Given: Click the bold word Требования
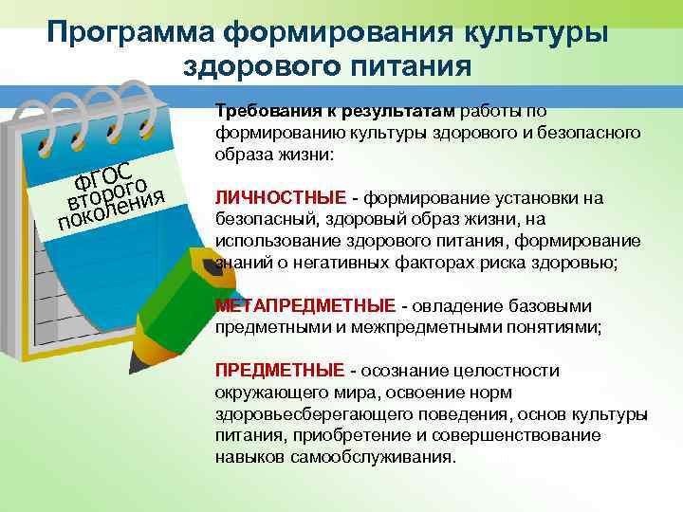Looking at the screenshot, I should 262,110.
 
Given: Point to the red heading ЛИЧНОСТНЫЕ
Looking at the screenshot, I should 281,198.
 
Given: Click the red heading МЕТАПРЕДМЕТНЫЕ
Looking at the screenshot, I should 305,306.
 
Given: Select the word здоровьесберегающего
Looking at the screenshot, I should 297,414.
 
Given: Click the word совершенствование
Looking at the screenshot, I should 531,435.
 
